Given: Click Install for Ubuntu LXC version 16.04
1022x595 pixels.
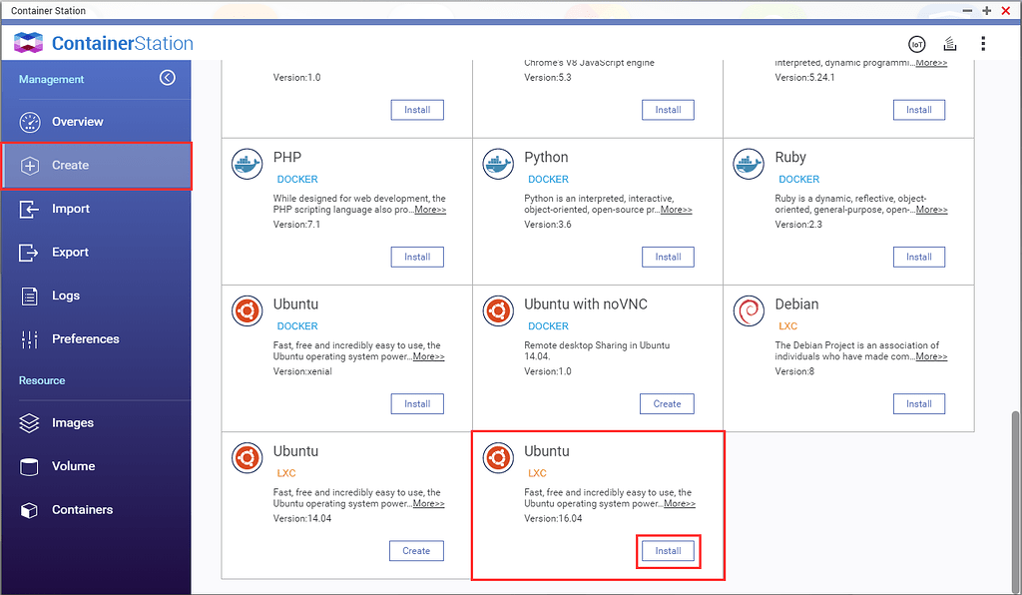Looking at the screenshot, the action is pos(668,551).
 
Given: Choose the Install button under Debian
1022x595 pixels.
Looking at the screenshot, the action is pos(919,404).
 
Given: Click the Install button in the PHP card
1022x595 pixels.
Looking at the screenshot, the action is pos(417,257).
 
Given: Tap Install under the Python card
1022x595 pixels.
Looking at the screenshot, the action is pos(668,257).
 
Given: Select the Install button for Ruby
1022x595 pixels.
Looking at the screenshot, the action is pos(919,257).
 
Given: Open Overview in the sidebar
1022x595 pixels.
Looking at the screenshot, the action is pos(77,122).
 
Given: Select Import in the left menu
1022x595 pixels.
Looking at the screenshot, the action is pos(71,209).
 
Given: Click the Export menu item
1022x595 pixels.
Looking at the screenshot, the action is pos(70,253).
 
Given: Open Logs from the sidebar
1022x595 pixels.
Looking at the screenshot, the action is pos(65,296).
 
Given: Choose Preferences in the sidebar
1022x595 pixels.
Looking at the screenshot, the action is pos(86,338).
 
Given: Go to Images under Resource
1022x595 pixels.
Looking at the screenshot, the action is pos(72,423).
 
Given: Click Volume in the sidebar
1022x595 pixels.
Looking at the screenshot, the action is pos(73,466).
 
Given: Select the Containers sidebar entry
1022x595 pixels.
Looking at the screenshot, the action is pos(82,509).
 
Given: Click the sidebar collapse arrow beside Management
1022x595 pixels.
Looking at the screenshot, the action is pos(168,78).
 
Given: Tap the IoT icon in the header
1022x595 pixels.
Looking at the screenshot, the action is pos(917,44).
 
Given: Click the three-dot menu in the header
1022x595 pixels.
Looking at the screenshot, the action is pos(983,44).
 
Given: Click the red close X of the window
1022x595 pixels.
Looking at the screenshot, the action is pos(1006,10).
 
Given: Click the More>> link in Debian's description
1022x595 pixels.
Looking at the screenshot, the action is pos(931,356).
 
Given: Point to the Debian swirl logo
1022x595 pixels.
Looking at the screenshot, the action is pos(749,310).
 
